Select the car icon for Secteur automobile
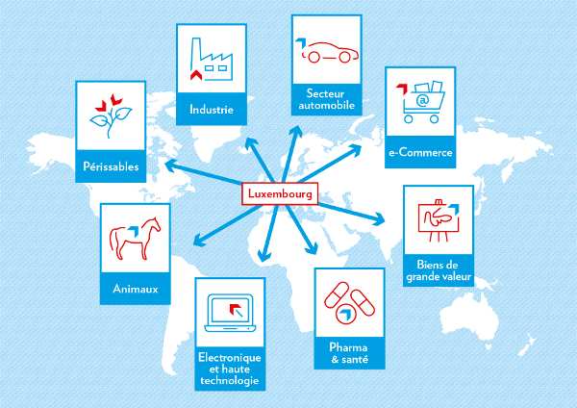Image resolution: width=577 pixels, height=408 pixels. (326, 52)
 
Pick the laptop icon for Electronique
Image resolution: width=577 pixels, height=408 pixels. (229, 313)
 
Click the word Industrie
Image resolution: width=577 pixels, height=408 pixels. (212, 110)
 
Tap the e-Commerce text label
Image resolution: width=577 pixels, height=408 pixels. (420, 152)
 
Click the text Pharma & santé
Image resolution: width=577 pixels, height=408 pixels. (348, 351)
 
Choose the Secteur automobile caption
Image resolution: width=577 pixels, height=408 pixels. (326, 99)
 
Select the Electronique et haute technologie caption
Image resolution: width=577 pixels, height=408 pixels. (229, 369)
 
